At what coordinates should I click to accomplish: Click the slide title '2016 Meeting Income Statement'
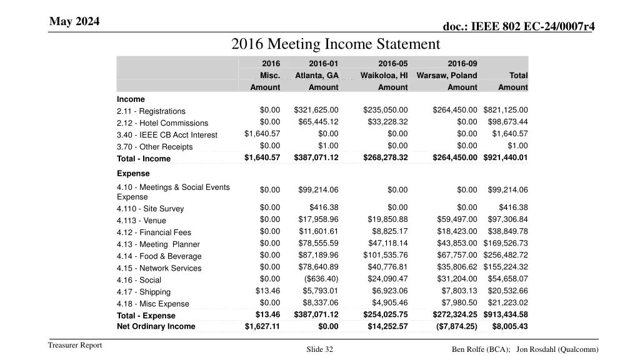(x=336, y=44)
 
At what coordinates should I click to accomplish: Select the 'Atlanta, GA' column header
(x=317, y=76)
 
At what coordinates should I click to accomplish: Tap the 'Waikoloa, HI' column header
(x=384, y=76)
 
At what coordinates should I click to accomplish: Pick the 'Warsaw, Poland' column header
(x=447, y=76)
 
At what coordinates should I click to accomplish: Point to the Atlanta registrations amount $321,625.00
(x=316, y=111)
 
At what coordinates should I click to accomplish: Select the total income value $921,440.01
(x=506, y=157)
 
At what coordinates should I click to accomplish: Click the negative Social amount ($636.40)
(x=321, y=279)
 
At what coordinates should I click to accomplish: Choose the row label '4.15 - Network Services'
(x=159, y=268)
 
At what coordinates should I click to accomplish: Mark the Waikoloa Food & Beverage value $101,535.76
(x=385, y=255)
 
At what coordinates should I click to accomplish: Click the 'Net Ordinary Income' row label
(x=156, y=326)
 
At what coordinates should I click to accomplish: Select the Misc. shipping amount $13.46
(x=267, y=291)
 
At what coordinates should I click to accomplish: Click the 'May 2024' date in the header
(x=74, y=22)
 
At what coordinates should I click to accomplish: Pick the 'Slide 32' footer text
(x=320, y=350)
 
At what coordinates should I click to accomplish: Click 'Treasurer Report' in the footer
(x=75, y=346)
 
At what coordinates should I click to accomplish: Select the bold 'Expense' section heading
(x=133, y=174)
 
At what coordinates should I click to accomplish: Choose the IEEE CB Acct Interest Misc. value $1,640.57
(x=262, y=134)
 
